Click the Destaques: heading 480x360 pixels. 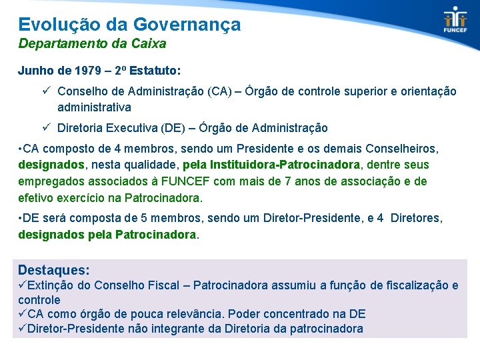click(x=54, y=269)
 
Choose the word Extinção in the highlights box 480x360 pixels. click(x=53, y=285)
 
